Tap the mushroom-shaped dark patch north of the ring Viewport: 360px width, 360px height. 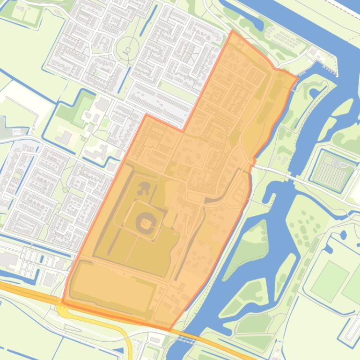pyautogui.click(x=144, y=188)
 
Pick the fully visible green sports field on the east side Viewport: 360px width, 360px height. pyautogui.click(x=330, y=280)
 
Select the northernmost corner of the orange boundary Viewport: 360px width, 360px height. pyautogui.click(x=232, y=31)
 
